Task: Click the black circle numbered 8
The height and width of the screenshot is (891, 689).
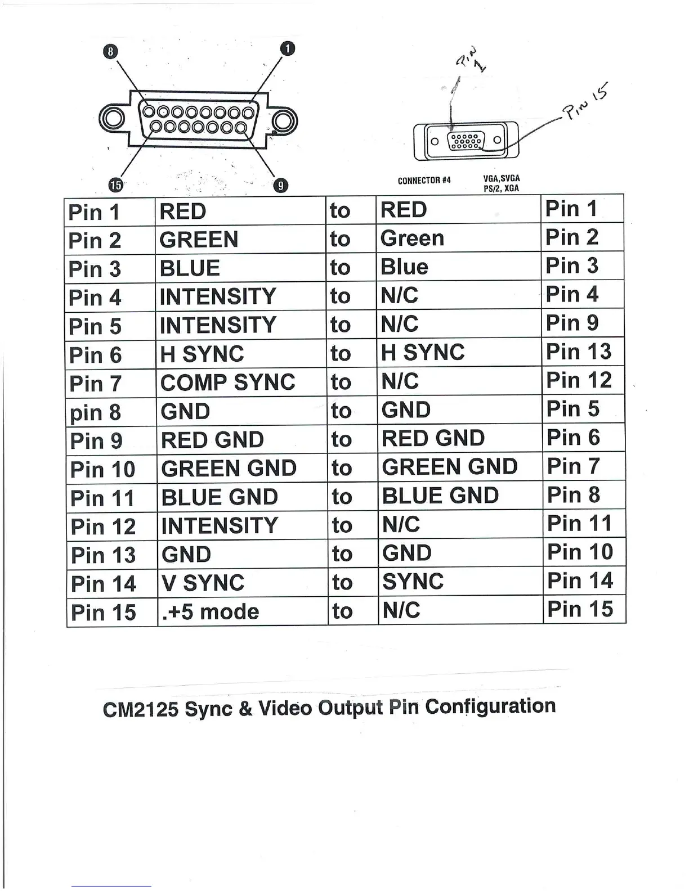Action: click(110, 51)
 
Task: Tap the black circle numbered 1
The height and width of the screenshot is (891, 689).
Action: click(287, 48)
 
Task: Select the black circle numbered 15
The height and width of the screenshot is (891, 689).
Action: click(116, 184)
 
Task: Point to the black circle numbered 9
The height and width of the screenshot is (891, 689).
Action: click(281, 185)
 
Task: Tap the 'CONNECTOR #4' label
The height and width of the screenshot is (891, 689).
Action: click(424, 181)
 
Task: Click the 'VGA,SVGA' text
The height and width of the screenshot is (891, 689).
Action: click(501, 178)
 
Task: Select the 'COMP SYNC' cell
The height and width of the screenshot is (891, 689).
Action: click(227, 382)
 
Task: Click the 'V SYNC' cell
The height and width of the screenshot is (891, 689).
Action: click(203, 583)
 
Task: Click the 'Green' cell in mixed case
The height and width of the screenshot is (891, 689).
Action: click(412, 238)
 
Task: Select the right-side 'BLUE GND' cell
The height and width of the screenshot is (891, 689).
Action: click(440, 496)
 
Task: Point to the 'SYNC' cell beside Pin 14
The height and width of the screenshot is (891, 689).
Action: click(413, 582)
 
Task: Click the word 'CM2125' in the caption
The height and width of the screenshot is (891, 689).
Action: click(140, 709)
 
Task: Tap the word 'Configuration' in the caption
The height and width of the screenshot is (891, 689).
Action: click(490, 706)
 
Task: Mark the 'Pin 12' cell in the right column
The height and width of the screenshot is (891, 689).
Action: click(579, 380)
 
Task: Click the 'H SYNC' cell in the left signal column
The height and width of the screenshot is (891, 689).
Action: click(202, 354)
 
